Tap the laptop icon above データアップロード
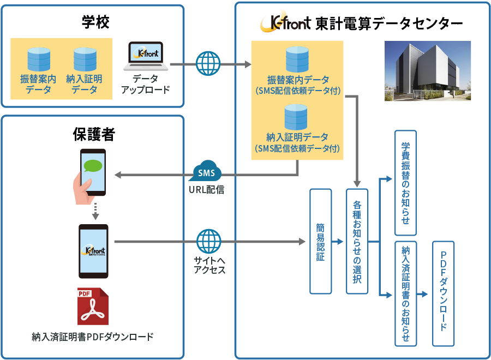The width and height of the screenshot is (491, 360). click(x=144, y=57)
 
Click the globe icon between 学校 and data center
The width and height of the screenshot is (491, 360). click(x=208, y=63)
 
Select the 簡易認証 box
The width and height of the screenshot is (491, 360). click(x=320, y=241)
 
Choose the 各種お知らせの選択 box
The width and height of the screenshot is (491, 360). click(x=357, y=241)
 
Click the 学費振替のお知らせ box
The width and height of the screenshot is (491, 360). click(x=405, y=183)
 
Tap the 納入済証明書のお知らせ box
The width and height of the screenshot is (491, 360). click(x=405, y=293)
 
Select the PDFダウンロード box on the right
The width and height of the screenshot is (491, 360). click(x=443, y=293)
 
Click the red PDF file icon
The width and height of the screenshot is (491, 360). click(x=92, y=305)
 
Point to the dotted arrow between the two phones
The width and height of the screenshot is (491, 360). click(x=94, y=211)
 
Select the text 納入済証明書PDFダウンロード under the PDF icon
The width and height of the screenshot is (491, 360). click(x=93, y=337)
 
